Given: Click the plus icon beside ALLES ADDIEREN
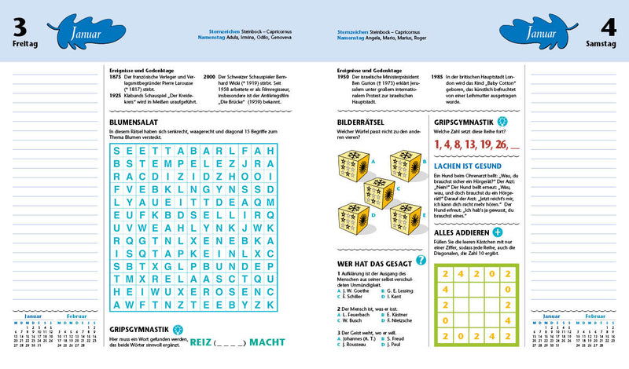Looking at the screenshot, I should [x=497, y=232].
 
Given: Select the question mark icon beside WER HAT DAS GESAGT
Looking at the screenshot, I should [x=421, y=260].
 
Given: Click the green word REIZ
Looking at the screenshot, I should [x=201, y=343].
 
